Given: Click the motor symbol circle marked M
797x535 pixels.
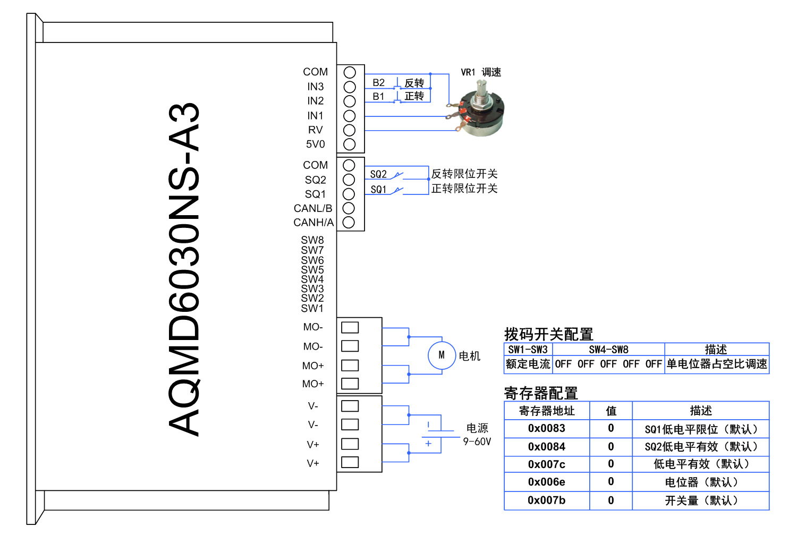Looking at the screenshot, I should [x=442, y=355].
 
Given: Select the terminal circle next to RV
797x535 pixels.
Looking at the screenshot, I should [x=349, y=130].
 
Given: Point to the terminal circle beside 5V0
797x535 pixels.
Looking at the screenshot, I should [x=349, y=144].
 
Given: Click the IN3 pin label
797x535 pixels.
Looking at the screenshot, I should [x=315, y=87].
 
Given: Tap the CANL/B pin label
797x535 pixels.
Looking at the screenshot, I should [x=313, y=208].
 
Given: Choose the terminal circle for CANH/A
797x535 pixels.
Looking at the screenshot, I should [x=349, y=223].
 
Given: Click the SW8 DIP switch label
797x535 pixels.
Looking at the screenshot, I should [x=312, y=240].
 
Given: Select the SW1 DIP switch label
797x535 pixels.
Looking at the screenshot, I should [x=312, y=308].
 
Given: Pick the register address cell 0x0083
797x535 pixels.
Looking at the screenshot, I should [x=546, y=428].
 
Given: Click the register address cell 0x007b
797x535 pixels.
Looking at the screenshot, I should [x=546, y=500].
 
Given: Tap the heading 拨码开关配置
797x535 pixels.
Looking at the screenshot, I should [x=548, y=334].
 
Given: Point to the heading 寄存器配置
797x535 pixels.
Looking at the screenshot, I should [x=541, y=393].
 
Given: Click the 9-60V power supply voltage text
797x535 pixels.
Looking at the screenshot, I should [x=477, y=441].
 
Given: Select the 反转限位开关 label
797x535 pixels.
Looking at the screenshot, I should [x=464, y=174].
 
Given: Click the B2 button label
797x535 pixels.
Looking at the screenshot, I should [x=378, y=83].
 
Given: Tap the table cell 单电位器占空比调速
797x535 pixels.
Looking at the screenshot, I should [x=716, y=364].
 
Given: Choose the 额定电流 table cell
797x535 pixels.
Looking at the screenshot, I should [x=528, y=364].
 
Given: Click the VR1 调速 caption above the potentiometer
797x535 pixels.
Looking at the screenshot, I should [x=481, y=72].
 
